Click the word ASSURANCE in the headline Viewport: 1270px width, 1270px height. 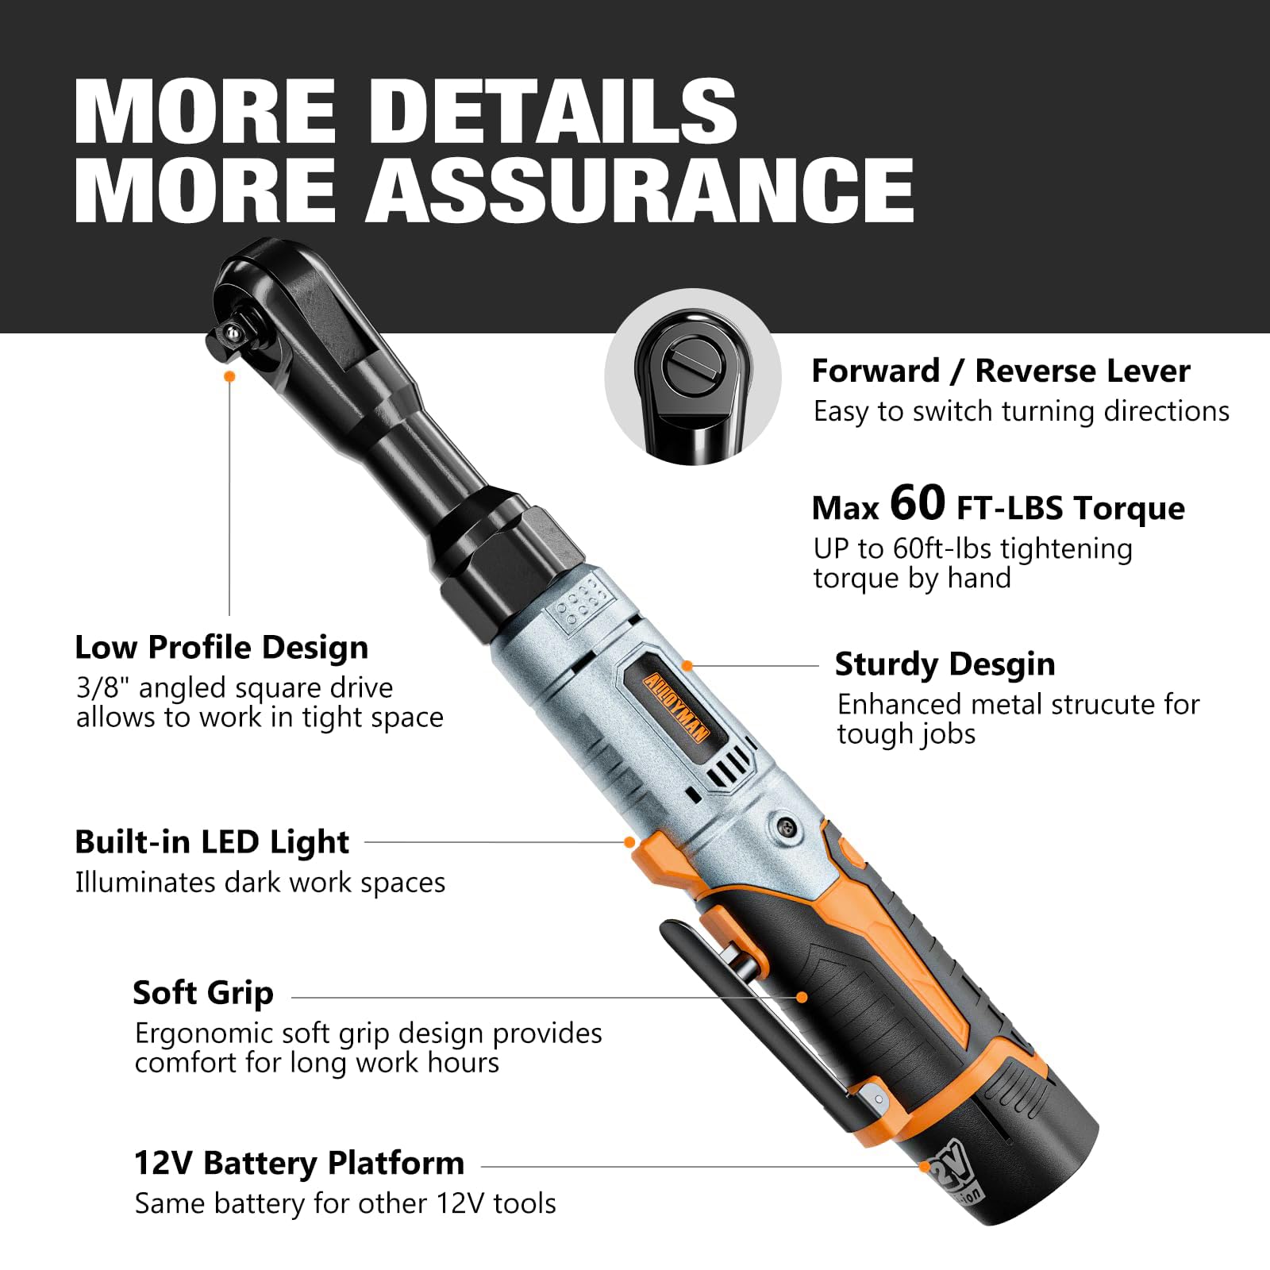[640, 190]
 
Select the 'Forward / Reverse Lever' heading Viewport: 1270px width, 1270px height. [1001, 371]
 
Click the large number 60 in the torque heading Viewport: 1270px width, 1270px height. [918, 502]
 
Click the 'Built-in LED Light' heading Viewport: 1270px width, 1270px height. [212, 842]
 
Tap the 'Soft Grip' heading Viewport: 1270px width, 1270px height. [203, 993]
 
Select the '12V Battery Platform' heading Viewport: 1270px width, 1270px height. [299, 1164]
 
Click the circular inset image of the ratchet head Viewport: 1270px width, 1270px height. [693, 378]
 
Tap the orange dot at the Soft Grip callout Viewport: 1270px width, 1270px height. [802, 998]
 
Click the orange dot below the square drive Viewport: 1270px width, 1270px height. [230, 376]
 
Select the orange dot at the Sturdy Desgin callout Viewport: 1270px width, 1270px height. [687, 666]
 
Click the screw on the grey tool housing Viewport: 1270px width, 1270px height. [786, 826]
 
